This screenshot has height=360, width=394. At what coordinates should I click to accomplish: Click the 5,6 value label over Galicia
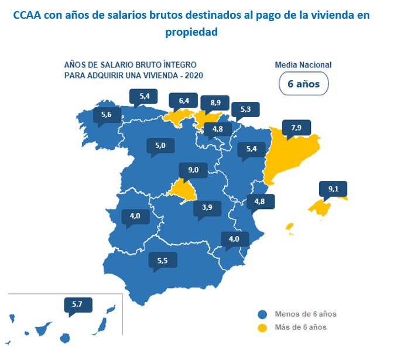tap(106, 115)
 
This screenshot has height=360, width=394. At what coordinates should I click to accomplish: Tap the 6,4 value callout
tap(184, 101)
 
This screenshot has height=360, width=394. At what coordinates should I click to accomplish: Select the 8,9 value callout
tap(215, 102)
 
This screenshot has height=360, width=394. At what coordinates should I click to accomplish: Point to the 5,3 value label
tap(245, 109)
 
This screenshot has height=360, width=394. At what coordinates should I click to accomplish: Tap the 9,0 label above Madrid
tap(194, 170)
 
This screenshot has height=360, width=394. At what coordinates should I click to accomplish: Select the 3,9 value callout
tap(207, 207)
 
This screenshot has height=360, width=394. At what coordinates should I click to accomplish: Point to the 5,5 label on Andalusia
tap(163, 260)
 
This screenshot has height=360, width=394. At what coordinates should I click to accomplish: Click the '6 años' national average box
tap(303, 83)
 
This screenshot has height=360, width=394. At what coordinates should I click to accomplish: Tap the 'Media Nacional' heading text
tap(303, 65)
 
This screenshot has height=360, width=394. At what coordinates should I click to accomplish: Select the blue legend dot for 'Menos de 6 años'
tap(262, 314)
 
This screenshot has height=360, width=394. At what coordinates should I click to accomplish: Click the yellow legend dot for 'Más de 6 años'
tap(262, 327)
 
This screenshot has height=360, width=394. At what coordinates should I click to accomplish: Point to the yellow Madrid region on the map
tap(184, 190)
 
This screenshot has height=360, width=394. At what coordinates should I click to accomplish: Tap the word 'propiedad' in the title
tap(191, 33)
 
